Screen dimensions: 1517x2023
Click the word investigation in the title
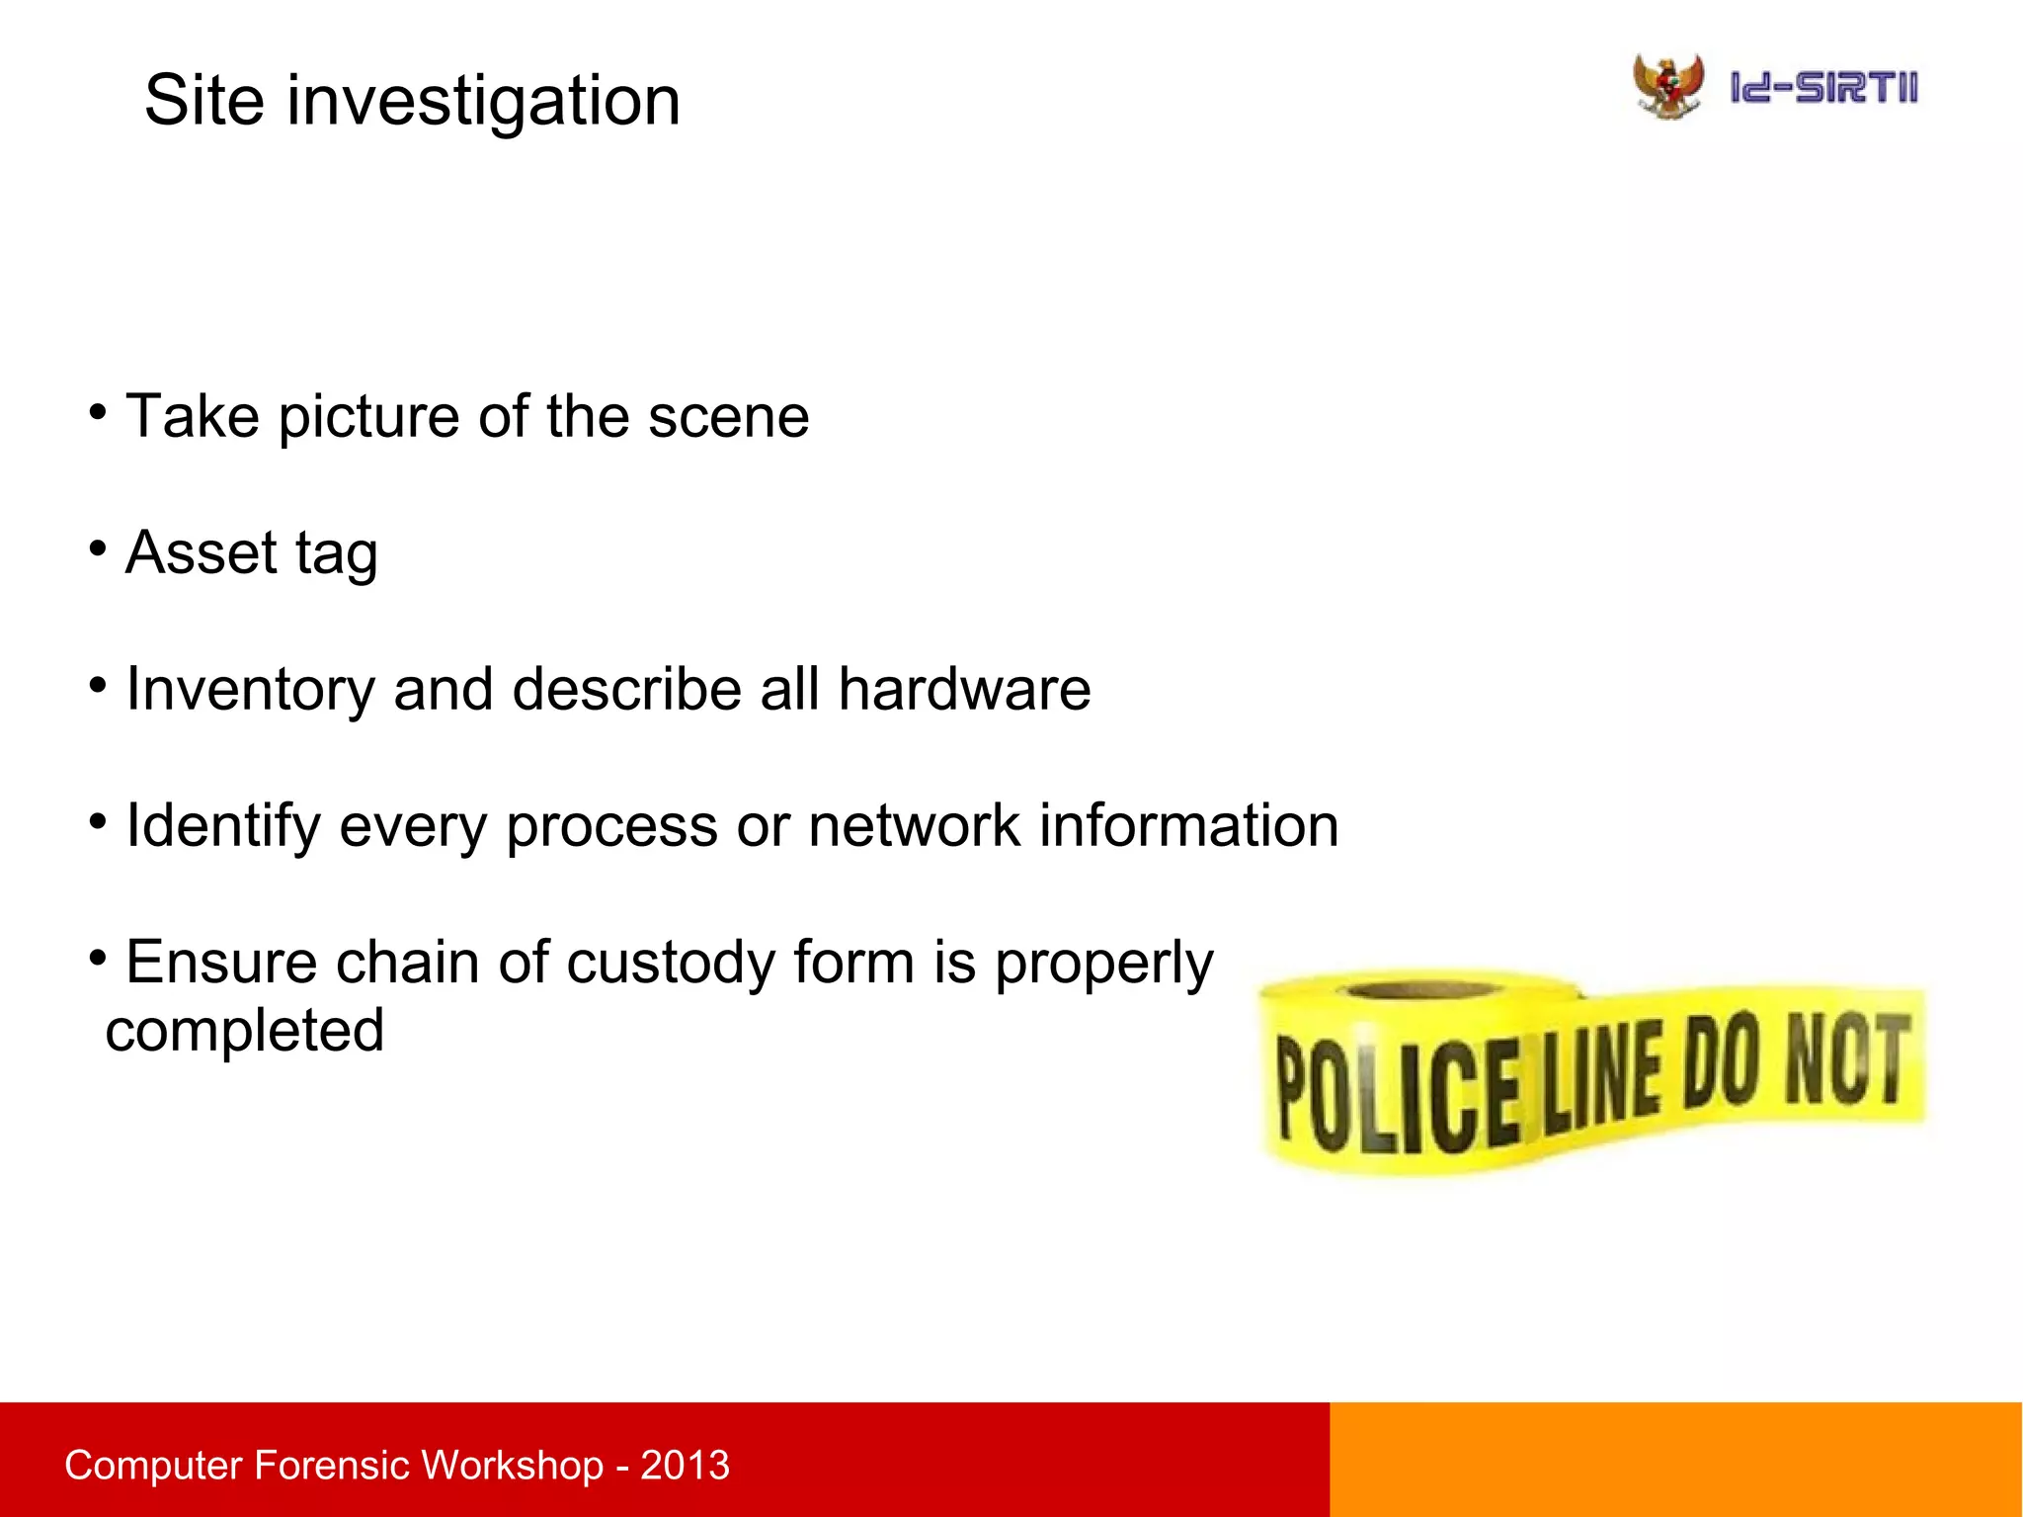point(483,103)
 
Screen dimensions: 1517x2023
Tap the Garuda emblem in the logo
point(1667,86)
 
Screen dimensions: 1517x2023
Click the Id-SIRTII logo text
point(1823,88)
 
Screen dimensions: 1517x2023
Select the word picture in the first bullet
point(368,416)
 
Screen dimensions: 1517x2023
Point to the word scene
point(728,416)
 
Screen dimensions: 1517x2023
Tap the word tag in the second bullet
point(336,555)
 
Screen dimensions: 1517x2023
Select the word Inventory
point(250,690)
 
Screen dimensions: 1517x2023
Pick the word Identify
point(223,826)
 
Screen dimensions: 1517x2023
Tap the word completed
point(245,1032)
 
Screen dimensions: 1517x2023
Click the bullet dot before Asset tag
point(97,548)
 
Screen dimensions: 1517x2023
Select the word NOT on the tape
point(1846,1060)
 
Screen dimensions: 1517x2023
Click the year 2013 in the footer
point(685,1465)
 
